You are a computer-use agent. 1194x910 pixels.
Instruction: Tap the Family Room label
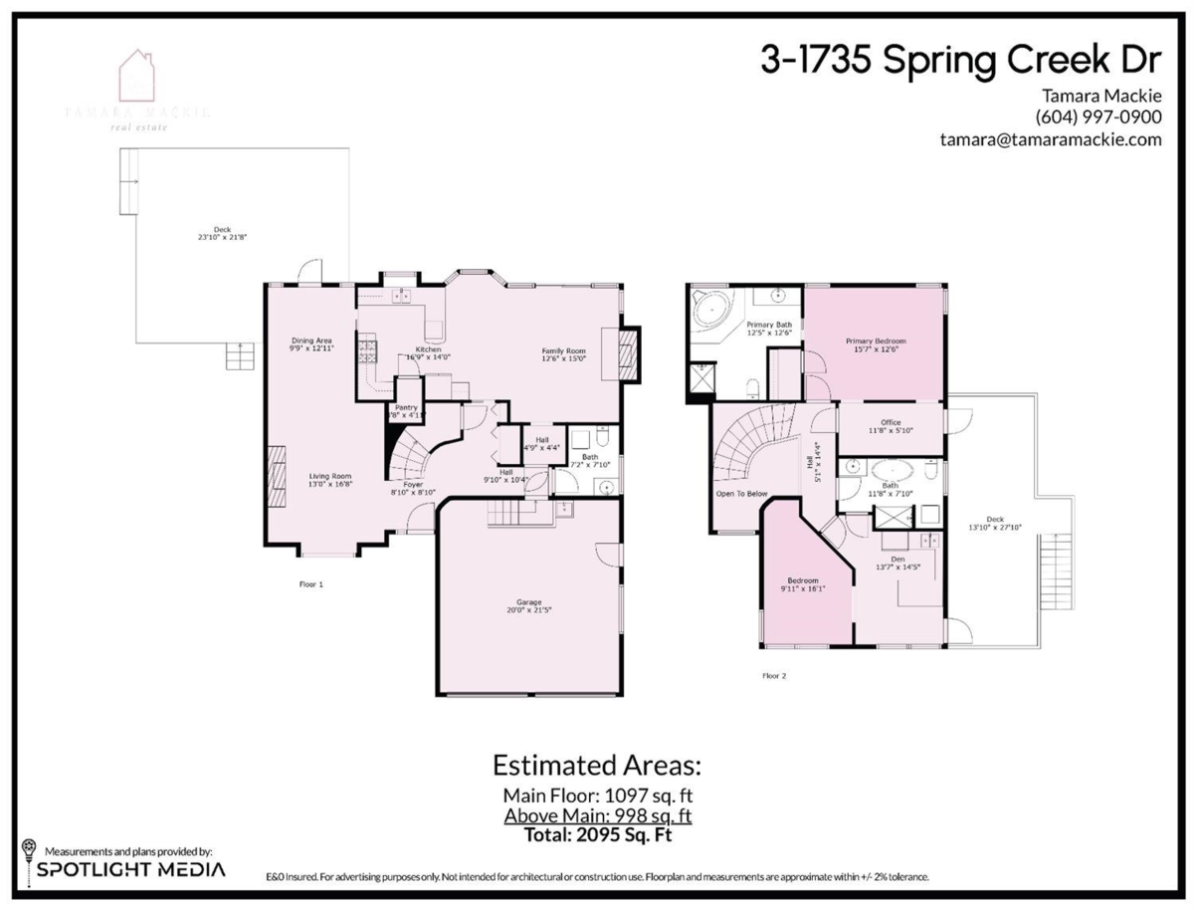563,351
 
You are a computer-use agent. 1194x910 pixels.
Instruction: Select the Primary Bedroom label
876,341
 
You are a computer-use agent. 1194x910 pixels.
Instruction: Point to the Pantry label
406,407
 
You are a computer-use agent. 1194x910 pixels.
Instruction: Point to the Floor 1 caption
311,584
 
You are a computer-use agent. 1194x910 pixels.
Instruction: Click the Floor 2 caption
774,676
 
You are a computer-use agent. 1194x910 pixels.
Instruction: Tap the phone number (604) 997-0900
1097,116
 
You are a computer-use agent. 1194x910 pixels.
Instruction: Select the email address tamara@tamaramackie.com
1051,139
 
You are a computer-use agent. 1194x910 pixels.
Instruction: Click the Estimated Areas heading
597,766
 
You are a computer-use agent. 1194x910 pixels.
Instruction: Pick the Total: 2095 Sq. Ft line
597,834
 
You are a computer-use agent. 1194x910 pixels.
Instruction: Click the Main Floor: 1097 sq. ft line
597,796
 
